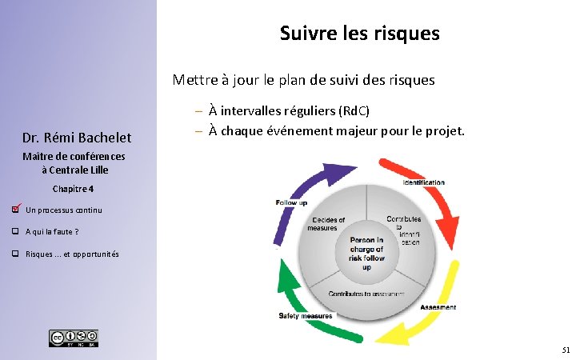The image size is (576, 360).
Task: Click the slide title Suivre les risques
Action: [x=359, y=34]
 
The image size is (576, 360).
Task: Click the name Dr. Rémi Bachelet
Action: [x=78, y=138]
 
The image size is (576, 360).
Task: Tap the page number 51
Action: [x=566, y=350]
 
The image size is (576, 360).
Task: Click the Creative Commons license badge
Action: [x=74, y=338]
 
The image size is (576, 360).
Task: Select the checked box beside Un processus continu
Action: [x=15, y=210]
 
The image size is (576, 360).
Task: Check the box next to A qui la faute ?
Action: [x=15, y=232]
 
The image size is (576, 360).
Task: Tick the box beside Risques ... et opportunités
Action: [x=15, y=254]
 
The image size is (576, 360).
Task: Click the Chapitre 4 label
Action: [x=73, y=189]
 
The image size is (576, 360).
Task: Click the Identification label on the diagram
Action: [x=423, y=182]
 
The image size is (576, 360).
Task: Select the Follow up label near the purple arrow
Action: [x=291, y=203]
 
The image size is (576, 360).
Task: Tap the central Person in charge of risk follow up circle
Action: [x=366, y=253]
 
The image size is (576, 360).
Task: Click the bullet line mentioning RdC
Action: [x=294, y=110]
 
